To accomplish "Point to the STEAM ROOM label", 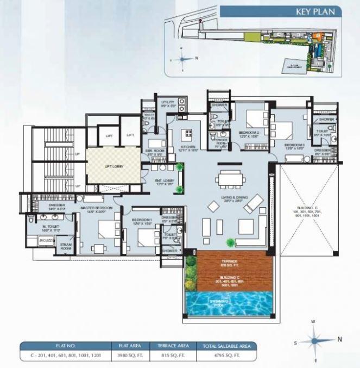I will click(66, 246).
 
